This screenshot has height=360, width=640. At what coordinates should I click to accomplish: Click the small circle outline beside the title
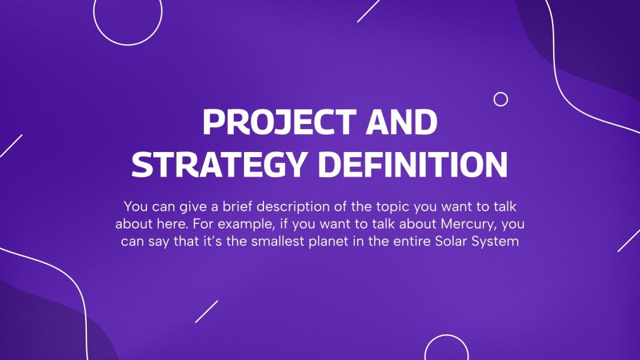pos(501,99)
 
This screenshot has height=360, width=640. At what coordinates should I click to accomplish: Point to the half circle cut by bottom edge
pos(446,349)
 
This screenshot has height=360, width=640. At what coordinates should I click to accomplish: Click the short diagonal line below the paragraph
pos(206,311)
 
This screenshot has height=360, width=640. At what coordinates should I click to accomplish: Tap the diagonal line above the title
pos(369,10)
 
